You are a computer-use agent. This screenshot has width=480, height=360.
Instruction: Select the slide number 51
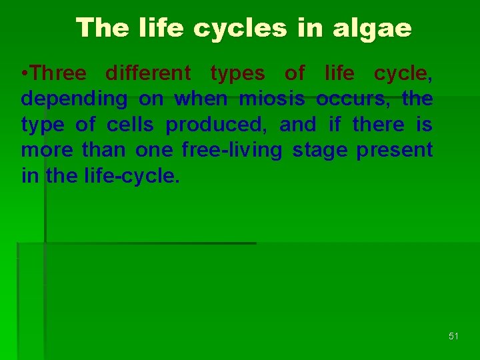454,337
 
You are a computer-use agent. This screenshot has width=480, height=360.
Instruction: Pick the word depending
74,99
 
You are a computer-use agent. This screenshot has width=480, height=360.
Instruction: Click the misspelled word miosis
273,99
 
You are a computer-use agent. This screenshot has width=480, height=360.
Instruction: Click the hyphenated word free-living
232,150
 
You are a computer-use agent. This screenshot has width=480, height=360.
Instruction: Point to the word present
395,150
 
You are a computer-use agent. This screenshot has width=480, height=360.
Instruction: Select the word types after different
237,73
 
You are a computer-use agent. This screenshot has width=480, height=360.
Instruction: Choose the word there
378,125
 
